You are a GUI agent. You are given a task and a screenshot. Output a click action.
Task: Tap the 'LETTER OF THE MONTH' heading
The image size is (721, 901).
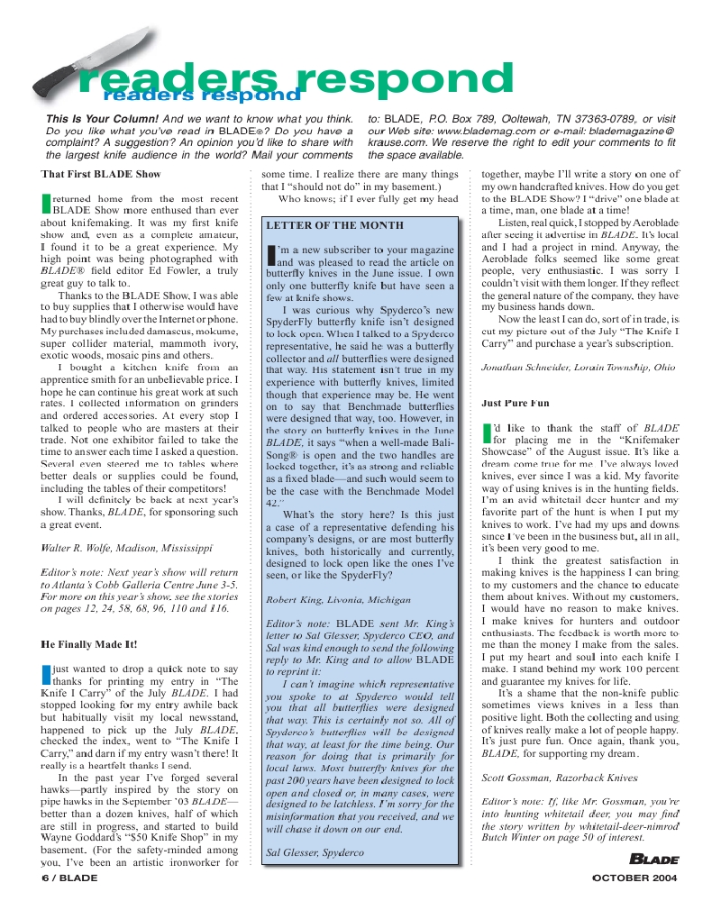[x=335, y=225]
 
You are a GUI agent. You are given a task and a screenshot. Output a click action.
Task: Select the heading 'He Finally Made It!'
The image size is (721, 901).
[x=89, y=644]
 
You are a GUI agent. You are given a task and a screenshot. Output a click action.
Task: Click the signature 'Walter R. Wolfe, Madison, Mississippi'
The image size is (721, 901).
[x=126, y=547]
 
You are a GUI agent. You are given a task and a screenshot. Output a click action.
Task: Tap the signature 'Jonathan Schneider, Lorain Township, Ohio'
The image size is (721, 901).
[x=578, y=367]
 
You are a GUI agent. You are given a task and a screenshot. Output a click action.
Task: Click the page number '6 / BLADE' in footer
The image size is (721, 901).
[x=69, y=877]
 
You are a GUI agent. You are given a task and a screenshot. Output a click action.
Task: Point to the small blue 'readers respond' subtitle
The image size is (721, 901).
[x=201, y=95]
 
